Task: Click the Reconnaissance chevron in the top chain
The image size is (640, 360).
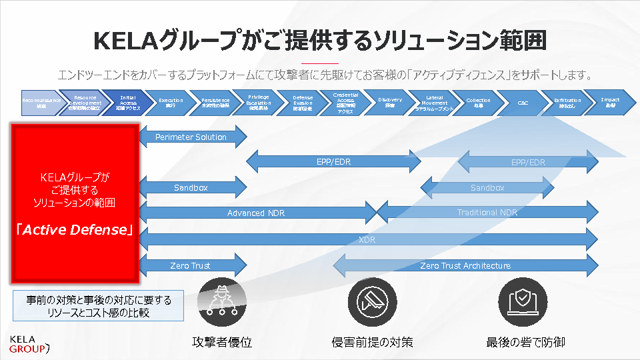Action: [x=41, y=103]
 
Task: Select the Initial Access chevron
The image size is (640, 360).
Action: [x=128, y=103]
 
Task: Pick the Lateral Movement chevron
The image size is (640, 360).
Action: [x=435, y=103]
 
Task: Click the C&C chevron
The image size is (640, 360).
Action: [x=523, y=103]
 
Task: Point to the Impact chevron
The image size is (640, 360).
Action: [x=609, y=103]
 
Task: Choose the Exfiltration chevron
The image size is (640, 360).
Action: [x=567, y=103]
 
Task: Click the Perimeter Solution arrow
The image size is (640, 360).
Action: [x=191, y=137]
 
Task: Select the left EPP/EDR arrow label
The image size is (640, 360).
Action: [x=333, y=162]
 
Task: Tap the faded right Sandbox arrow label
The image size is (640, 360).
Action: [x=487, y=188]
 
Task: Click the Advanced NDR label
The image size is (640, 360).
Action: [x=255, y=213]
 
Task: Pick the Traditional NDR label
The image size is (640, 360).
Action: [x=487, y=213]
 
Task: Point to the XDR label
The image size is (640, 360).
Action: [x=367, y=239]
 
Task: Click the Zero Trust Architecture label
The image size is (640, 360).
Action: [x=465, y=265]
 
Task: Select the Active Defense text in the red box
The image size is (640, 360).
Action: [x=75, y=230]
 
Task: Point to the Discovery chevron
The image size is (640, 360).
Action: [x=389, y=103]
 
